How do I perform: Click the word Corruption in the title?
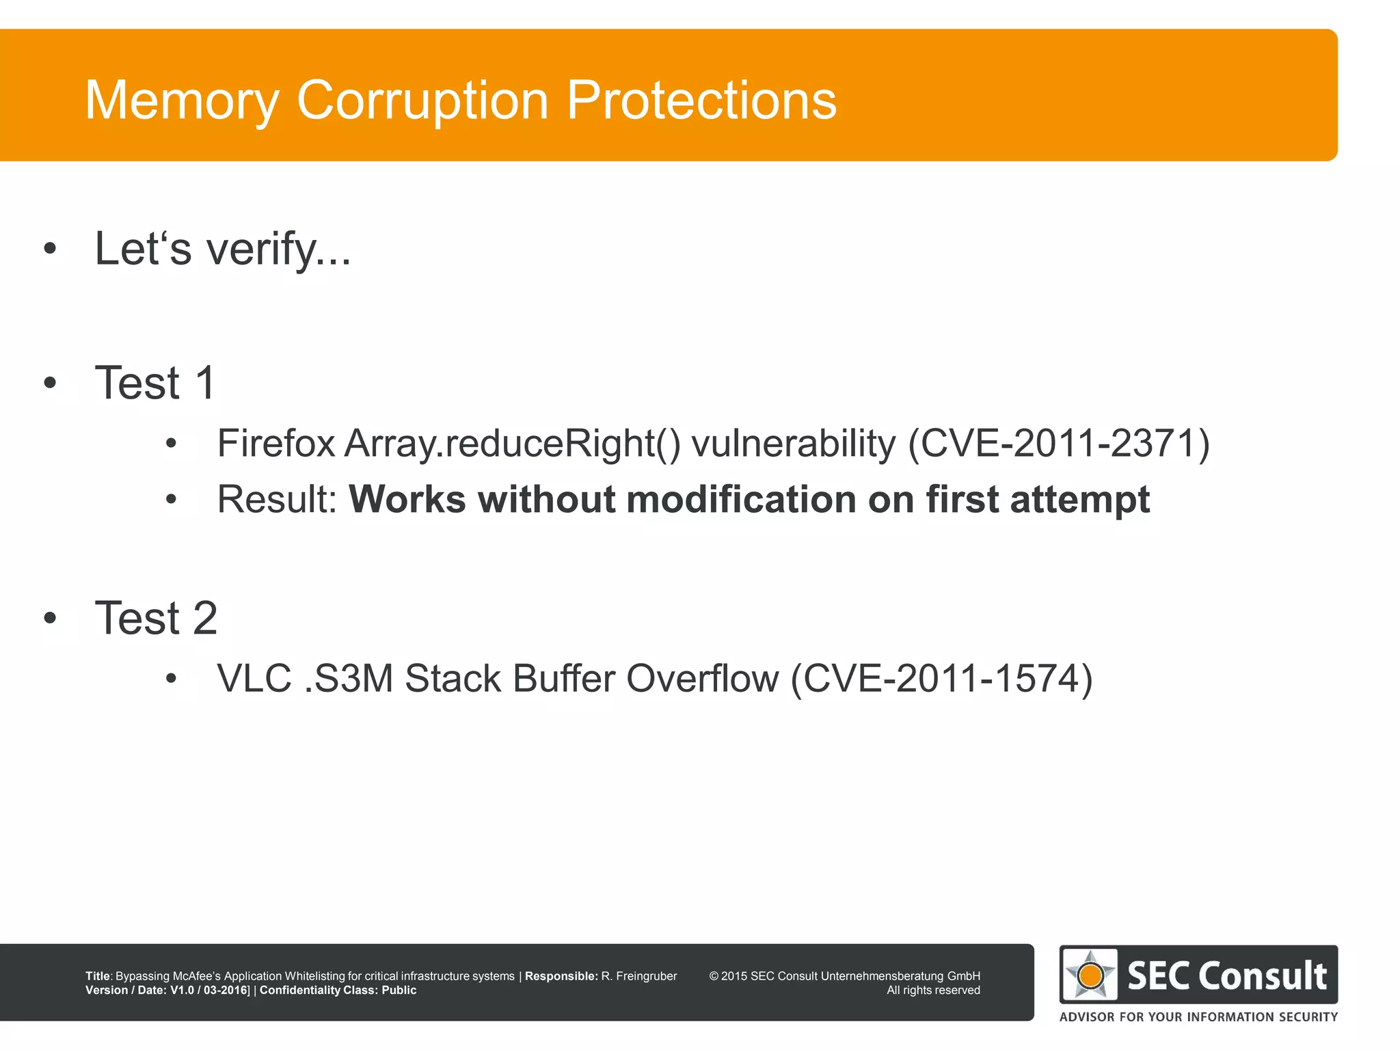tap(422, 100)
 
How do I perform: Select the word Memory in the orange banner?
tap(182, 101)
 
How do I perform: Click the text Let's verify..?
tap(222, 249)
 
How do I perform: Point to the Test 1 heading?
tap(156, 383)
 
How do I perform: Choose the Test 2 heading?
tap(156, 618)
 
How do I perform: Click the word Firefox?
tap(275, 443)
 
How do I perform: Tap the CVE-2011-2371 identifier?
tap(1058, 443)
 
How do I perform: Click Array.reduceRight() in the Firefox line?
tap(513, 444)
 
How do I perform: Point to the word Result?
tap(277, 499)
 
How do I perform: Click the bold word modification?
tap(741, 499)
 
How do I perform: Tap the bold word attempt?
tap(1079, 500)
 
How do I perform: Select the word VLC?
tap(254, 679)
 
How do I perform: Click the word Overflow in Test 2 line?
tap(702, 679)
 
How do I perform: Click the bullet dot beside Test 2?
tap(49, 618)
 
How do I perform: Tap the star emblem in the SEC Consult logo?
tap(1090, 974)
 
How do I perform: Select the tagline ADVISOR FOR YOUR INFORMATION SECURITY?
tap(1198, 1017)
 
